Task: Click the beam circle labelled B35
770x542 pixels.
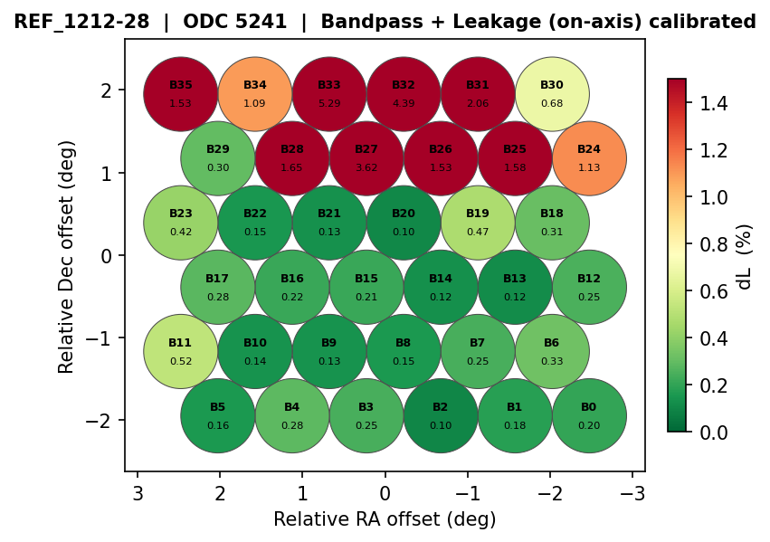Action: [x=181, y=93]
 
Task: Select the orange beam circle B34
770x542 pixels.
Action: [x=255, y=93]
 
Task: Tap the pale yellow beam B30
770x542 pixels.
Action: [x=552, y=93]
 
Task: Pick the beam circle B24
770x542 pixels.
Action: [x=589, y=158]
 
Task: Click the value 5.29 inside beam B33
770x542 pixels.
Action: [x=329, y=103]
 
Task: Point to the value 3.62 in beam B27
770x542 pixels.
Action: [x=366, y=167]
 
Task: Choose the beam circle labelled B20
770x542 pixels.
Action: [x=404, y=223]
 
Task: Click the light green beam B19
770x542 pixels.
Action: [x=478, y=223]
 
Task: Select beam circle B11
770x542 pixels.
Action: [x=181, y=351]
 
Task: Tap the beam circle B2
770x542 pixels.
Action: [x=441, y=415]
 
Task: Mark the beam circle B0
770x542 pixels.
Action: [x=589, y=415]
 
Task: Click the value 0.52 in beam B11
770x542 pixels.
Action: [x=181, y=361]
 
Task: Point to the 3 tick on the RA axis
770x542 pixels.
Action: [x=138, y=493]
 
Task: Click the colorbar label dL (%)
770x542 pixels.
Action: [x=745, y=256]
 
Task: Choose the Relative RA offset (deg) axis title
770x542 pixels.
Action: [x=385, y=519]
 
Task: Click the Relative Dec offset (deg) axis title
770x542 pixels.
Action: [x=66, y=256]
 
